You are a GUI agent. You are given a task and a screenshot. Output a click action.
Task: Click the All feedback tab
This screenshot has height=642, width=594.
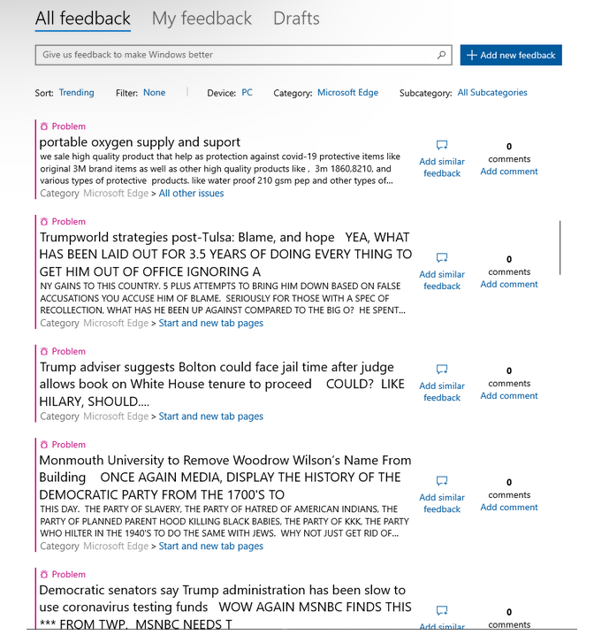click(82, 19)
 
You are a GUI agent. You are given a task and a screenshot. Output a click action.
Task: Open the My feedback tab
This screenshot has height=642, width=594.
click(202, 19)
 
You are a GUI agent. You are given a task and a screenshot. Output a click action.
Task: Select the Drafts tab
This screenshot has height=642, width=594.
click(296, 19)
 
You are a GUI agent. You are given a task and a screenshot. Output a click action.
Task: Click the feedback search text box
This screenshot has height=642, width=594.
click(234, 55)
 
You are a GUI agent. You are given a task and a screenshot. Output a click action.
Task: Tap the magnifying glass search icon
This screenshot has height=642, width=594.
click(441, 55)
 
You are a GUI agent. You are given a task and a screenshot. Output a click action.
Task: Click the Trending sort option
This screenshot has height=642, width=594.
click(76, 93)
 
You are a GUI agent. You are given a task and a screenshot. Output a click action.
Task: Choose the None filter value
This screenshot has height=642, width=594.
click(154, 93)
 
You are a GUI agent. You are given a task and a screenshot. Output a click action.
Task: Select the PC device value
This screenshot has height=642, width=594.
click(247, 93)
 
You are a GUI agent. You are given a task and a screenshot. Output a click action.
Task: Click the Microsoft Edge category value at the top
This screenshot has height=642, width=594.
click(347, 93)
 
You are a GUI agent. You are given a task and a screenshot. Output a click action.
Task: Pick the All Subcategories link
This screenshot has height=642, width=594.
click(491, 93)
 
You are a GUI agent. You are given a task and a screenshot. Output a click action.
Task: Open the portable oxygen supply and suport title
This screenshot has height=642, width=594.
click(140, 142)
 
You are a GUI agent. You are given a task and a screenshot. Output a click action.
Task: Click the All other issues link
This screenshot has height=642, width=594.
click(191, 194)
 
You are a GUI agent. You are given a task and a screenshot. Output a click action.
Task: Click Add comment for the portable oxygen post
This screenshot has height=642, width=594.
click(508, 172)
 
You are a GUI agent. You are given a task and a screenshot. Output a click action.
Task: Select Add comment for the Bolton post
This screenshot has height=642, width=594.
click(508, 396)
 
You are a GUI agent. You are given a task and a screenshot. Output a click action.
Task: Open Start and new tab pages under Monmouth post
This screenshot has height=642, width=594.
click(210, 546)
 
